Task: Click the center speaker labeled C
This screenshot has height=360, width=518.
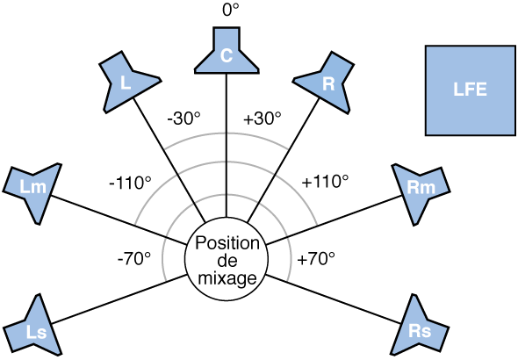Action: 227,53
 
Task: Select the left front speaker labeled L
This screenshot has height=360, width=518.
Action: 128,81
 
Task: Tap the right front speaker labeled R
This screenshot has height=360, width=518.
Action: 327,82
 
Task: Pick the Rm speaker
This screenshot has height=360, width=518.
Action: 421,187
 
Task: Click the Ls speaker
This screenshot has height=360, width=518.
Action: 34,326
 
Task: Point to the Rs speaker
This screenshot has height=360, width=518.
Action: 420,326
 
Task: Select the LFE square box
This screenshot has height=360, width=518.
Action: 469,90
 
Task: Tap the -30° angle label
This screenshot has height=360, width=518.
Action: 185,118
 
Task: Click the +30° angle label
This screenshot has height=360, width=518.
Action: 262,118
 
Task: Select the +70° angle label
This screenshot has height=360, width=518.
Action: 317,259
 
